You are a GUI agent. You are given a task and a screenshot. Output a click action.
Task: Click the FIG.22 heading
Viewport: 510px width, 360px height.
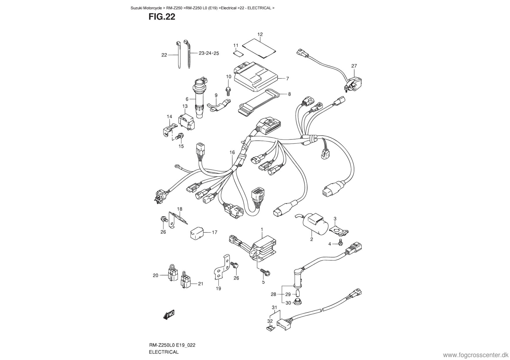[162, 17]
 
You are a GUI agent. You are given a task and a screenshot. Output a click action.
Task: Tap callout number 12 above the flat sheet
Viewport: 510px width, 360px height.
[260, 34]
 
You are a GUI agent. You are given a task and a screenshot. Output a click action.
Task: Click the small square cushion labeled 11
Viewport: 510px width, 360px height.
[238, 53]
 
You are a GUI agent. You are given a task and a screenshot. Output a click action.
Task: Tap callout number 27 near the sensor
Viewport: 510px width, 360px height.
[354, 66]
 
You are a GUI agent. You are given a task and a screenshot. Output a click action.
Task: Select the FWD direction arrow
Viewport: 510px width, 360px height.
[169, 314]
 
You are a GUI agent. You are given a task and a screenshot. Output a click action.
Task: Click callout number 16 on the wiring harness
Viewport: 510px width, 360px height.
[232, 152]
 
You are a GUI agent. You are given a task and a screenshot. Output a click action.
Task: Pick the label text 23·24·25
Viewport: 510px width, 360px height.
[209, 53]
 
